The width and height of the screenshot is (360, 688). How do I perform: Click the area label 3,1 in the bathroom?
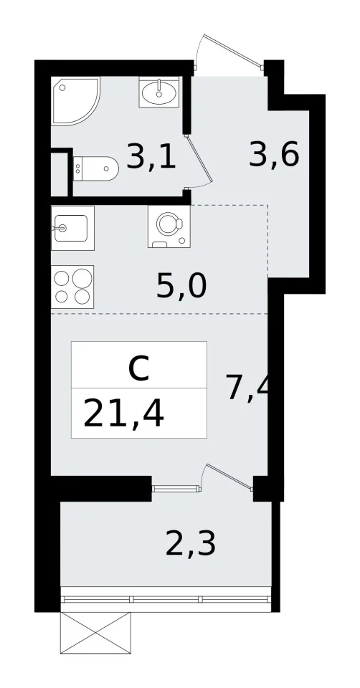(151, 157)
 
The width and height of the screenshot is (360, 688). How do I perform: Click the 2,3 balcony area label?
(191, 544)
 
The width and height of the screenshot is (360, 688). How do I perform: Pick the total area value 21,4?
(123, 414)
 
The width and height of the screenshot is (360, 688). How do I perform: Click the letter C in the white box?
(138, 368)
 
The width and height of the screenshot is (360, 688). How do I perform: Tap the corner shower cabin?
(75, 101)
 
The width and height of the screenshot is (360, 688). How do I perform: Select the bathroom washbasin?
(159, 92)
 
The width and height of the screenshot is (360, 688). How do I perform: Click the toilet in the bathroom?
(95, 168)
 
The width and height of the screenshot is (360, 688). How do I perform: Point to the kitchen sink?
(72, 228)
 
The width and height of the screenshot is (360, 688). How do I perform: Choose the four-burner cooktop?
(72, 287)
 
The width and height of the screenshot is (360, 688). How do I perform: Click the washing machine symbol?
(169, 226)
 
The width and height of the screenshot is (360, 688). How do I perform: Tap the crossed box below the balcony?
(95, 633)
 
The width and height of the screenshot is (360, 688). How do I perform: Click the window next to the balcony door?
(176, 488)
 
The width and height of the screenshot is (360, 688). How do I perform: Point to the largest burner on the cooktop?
(82, 278)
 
